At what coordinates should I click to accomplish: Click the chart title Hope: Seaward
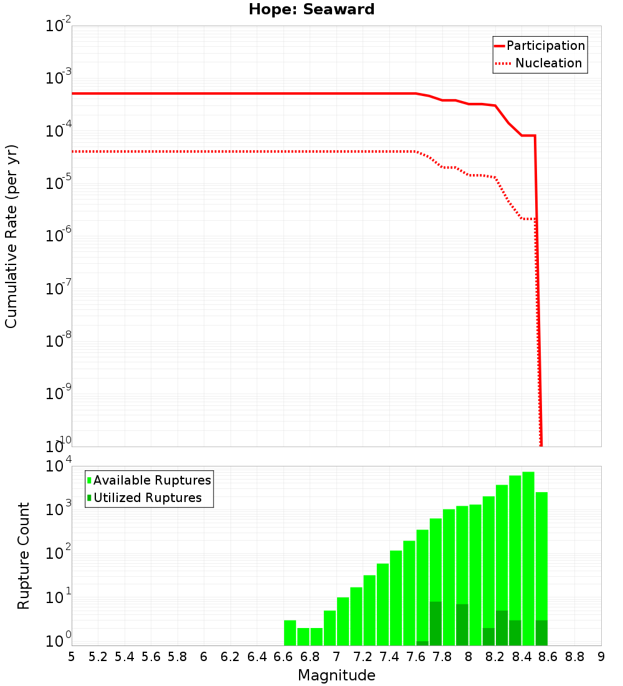(x=311, y=9)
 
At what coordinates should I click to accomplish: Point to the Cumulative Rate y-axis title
(x=11, y=236)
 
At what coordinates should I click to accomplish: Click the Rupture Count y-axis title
(x=24, y=555)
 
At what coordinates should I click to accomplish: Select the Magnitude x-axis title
(x=336, y=675)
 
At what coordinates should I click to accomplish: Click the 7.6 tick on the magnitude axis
(x=416, y=657)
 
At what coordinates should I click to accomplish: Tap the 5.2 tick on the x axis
(x=98, y=657)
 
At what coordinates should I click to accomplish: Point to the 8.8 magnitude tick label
(x=574, y=657)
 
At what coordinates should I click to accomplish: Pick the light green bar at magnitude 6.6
(x=290, y=632)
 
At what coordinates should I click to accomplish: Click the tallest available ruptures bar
(x=528, y=558)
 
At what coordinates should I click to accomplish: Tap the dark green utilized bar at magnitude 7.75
(x=435, y=624)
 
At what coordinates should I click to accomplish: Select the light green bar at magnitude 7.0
(x=343, y=621)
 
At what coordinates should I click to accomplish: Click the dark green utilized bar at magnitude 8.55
(x=541, y=632)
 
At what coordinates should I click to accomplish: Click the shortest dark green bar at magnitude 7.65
(x=422, y=643)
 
